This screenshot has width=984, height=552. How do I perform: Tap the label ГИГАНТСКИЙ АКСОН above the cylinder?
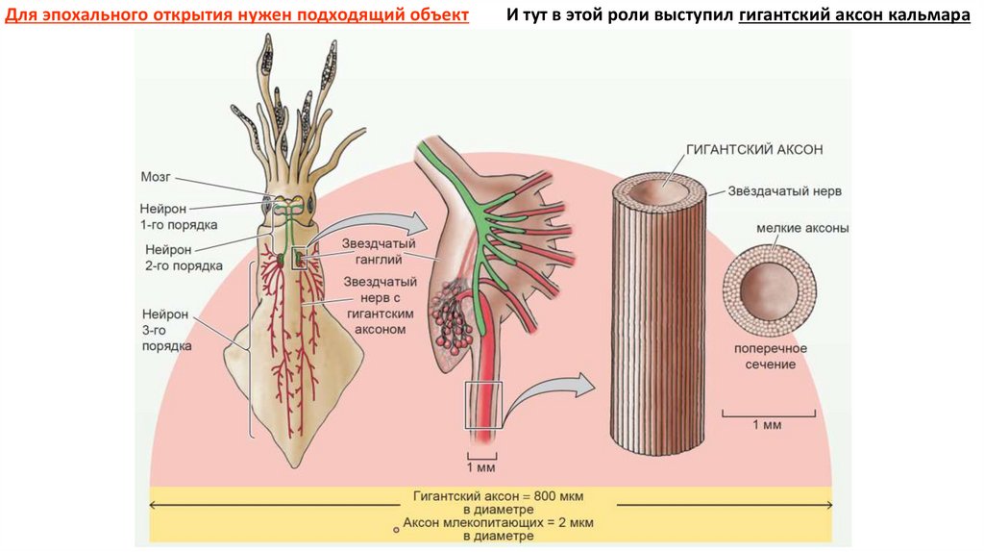click(x=755, y=150)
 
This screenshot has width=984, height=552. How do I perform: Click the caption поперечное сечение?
click(x=770, y=356)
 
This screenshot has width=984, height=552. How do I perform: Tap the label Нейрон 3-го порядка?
click(x=166, y=329)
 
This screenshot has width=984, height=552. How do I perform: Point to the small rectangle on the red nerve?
click(x=483, y=405)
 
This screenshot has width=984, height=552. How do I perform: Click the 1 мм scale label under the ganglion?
click(x=480, y=468)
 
